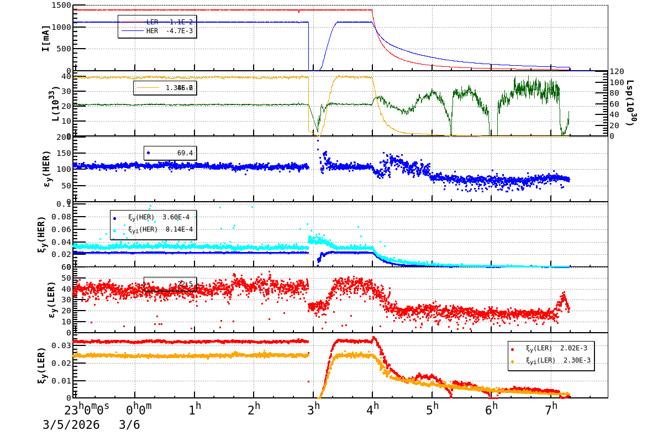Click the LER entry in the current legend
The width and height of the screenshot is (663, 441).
click(x=157, y=22)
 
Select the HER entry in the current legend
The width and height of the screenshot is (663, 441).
click(x=157, y=31)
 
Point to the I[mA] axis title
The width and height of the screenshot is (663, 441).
click(x=46, y=38)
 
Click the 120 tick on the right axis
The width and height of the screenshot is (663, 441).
click(x=617, y=71)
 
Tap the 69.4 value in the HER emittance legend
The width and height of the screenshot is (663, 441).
click(x=185, y=153)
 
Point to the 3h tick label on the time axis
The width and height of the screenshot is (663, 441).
click(x=313, y=410)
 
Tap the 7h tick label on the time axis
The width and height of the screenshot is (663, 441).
click(x=551, y=410)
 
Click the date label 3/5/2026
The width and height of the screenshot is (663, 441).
click(x=71, y=425)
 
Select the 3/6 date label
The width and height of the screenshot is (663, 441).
click(x=129, y=425)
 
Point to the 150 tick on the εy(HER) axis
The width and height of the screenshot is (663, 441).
click(x=62, y=153)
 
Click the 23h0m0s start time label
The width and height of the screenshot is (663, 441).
click(x=87, y=410)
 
